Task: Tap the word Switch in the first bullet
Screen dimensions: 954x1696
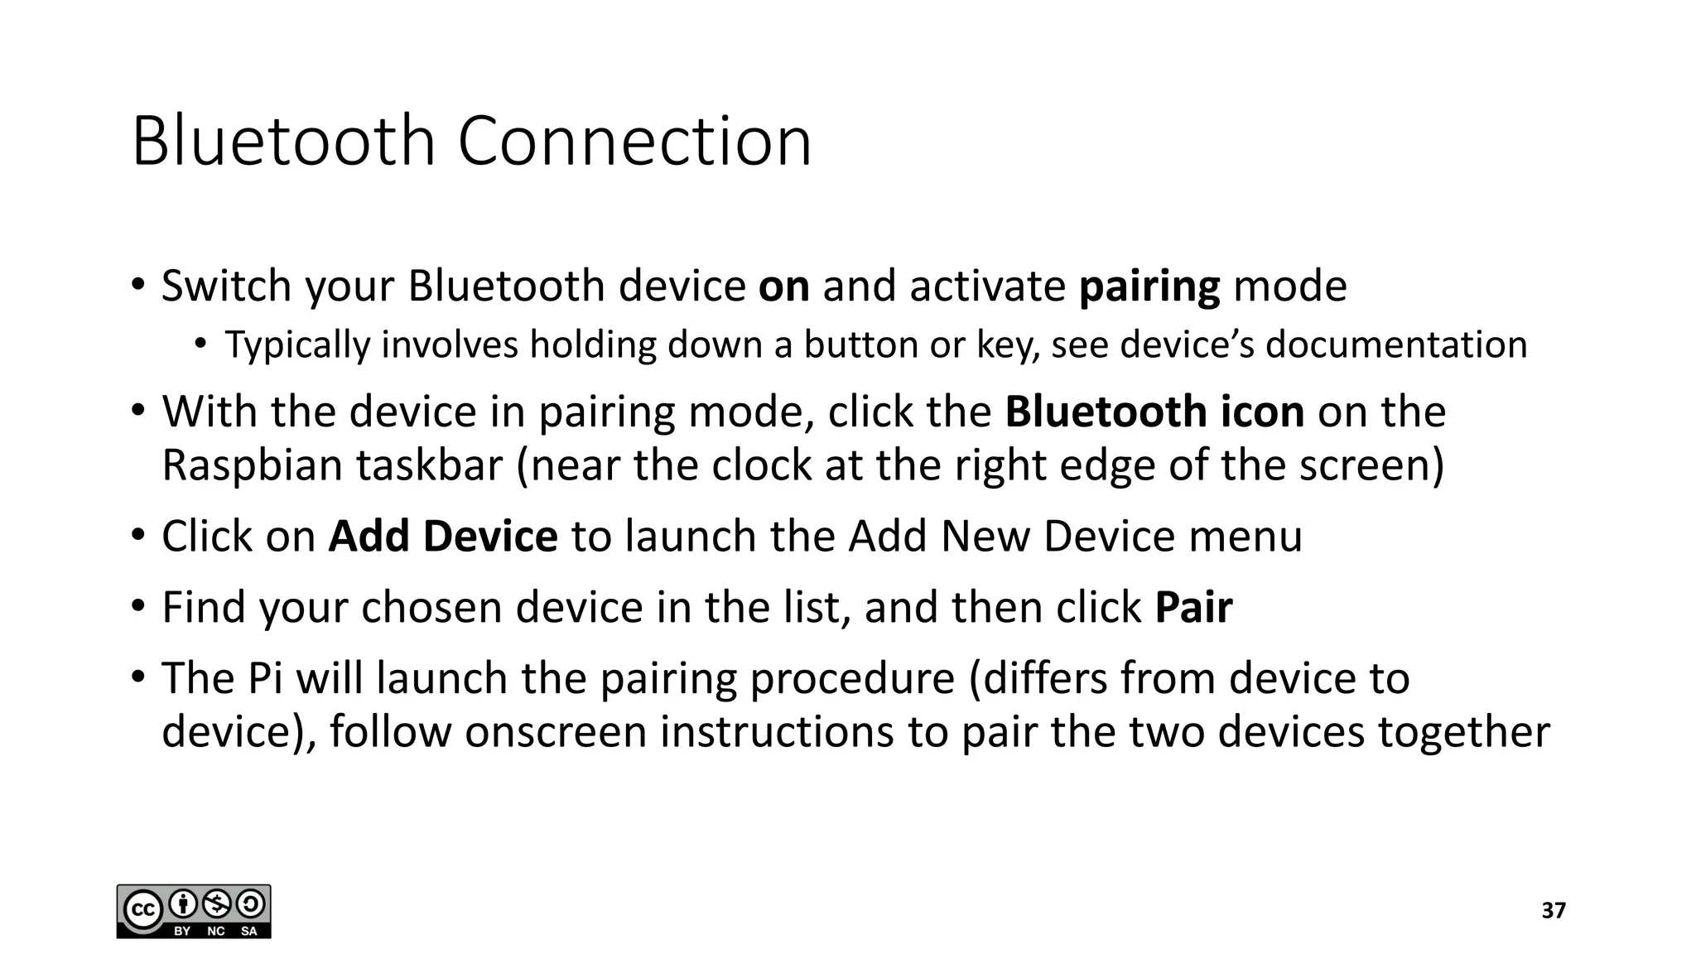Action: [226, 287]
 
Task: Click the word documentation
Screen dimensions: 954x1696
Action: [1395, 344]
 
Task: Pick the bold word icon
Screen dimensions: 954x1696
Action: [1262, 412]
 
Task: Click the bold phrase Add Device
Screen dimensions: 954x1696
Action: [442, 537]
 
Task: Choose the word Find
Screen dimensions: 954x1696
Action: [203, 608]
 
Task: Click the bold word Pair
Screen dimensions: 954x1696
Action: [1193, 608]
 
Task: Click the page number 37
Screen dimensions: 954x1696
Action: [1554, 911]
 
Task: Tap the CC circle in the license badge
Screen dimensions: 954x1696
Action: [142, 911]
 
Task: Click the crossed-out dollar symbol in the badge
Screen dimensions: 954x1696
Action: [216, 903]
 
